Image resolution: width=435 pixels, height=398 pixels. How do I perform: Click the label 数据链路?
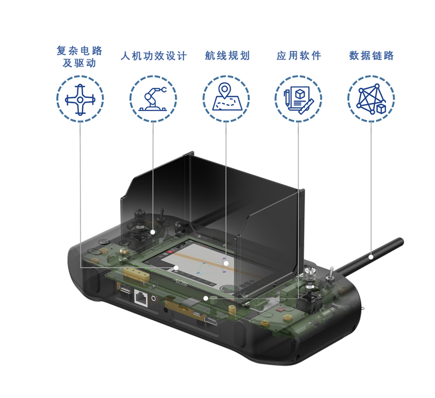point(371,55)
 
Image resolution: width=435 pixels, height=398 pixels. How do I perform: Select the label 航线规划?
point(227,55)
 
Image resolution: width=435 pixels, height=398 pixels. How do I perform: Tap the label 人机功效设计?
point(154,56)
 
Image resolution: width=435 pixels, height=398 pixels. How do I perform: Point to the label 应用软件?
point(299,55)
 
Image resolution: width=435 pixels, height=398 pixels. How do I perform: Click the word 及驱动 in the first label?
point(79,63)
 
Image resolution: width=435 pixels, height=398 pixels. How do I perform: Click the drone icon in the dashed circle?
point(80,99)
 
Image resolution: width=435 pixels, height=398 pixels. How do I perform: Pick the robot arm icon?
point(153,99)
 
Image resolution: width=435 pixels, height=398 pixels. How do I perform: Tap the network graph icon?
point(371,99)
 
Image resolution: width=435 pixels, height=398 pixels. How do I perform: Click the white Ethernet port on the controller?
point(141,298)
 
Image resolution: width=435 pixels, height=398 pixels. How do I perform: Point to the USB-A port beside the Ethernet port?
point(125,289)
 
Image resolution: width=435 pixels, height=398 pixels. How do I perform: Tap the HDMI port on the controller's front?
point(211,321)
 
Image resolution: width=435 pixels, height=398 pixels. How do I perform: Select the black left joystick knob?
point(140,215)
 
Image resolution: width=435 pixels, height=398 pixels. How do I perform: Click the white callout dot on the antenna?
point(371,257)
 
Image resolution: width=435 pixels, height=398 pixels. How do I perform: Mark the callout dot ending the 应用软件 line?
point(206,298)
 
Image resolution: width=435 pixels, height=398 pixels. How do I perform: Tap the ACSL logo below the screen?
point(181,282)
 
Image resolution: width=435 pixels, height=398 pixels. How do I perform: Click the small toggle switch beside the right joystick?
point(331,273)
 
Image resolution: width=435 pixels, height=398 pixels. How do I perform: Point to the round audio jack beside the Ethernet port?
point(153,299)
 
